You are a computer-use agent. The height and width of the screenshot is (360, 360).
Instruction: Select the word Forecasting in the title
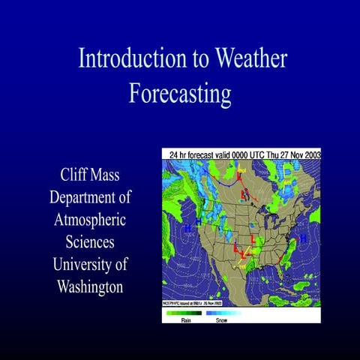click(179, 94)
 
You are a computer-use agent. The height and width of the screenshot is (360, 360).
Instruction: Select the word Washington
click(89, 287)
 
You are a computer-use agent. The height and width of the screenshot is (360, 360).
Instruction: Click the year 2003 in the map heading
click(310, 154)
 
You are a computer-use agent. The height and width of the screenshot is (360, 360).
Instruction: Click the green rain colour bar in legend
click(184, 312)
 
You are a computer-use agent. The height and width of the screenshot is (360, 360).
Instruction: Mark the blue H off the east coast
click(303, 238)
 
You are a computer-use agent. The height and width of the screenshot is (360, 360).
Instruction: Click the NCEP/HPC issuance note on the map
click(193, 303)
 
